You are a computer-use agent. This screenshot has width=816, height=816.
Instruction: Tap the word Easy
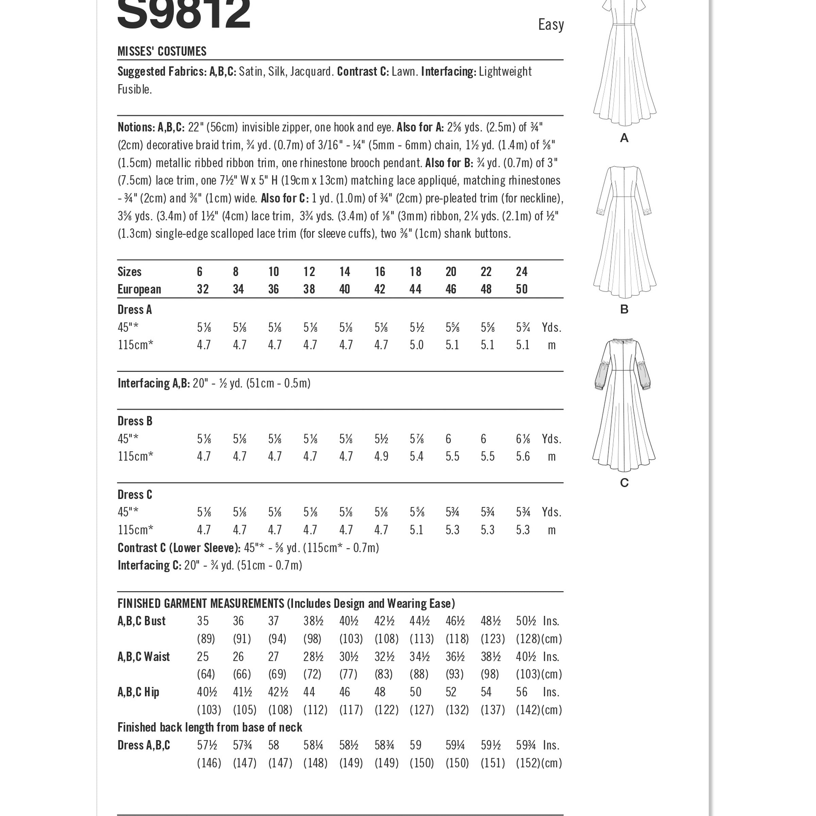click(551, 25)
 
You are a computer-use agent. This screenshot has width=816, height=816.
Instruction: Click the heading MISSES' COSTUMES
click(162, 52)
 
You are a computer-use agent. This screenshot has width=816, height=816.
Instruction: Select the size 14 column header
click(345, 272)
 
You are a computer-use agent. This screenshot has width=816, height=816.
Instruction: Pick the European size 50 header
click(522, 289)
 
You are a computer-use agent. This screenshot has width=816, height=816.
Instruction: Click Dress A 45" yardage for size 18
click(416, 328)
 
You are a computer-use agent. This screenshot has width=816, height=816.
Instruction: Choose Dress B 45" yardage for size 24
click(523, 439)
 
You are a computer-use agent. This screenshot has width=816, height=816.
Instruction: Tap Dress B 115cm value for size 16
click(381, 457)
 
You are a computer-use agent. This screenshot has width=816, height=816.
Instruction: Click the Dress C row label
click(135, 495)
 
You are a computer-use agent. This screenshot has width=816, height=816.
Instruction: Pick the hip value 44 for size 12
click(309, 692)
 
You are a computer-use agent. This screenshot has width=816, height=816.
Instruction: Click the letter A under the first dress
click(624, 138)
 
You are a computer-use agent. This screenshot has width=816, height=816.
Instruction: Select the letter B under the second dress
click(624, 310)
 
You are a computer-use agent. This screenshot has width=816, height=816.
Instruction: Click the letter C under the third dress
click(624, 483)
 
